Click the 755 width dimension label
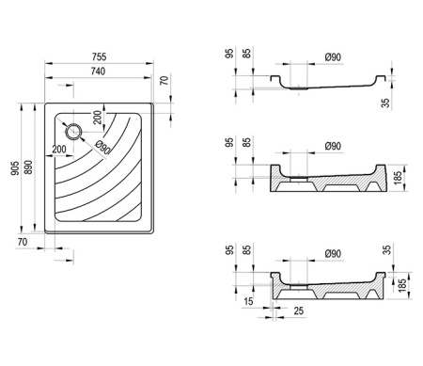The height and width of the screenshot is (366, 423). click(x=99, y=56)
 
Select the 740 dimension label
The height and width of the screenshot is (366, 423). click(x=98, y=72)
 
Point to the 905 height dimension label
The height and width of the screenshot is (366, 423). click(x=15, y=168)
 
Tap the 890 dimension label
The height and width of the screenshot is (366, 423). click(x=28, y=167)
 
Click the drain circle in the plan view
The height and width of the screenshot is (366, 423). click(x=73, y=132)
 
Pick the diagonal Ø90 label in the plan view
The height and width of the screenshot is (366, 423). click(x=103, y=148)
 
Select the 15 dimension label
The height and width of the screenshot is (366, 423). click(x=248, y=301)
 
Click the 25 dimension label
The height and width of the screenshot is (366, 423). click(x=299, y=310)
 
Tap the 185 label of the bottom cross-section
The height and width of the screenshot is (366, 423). click(x=401, y=285)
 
